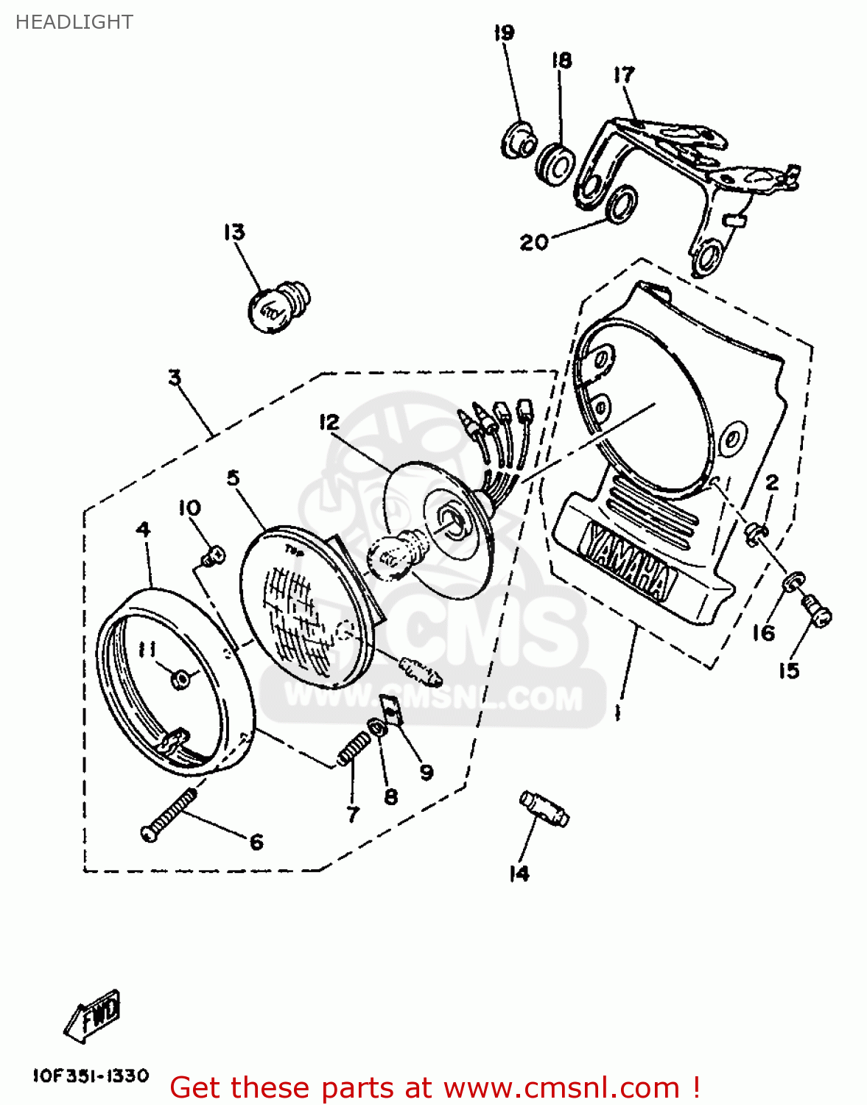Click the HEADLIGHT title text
click(x=74, y=22)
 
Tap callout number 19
click(x=505, y=33)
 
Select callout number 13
click(x=234, y=233)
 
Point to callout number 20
click(x=534, y=242)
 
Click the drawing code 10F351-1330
click(x=91, y=1076)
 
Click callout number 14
click(x=519, y=874)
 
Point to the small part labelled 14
click(x=544, y=809)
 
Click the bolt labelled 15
click(x=815, y=611)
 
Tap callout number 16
click(x=764, y=633)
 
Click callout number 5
click(x=234, y=478)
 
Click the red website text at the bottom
click(x=435, y=1088)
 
